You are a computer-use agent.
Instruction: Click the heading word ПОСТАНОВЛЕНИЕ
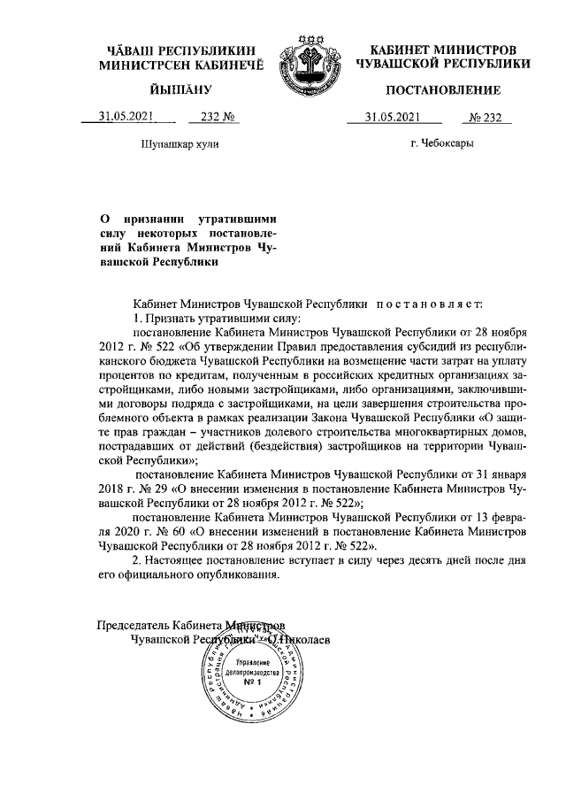(x=443, y=90)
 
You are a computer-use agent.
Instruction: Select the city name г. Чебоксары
(x=443, y=142)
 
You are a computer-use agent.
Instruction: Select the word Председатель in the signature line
(x=134, y=626)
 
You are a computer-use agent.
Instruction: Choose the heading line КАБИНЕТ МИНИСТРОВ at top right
(x=442, y=50)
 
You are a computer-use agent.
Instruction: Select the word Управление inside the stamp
(x=251, y=661)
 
